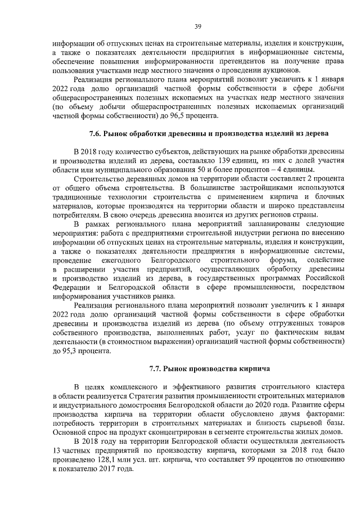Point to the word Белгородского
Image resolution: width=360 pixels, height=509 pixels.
(x=176, y=262)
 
